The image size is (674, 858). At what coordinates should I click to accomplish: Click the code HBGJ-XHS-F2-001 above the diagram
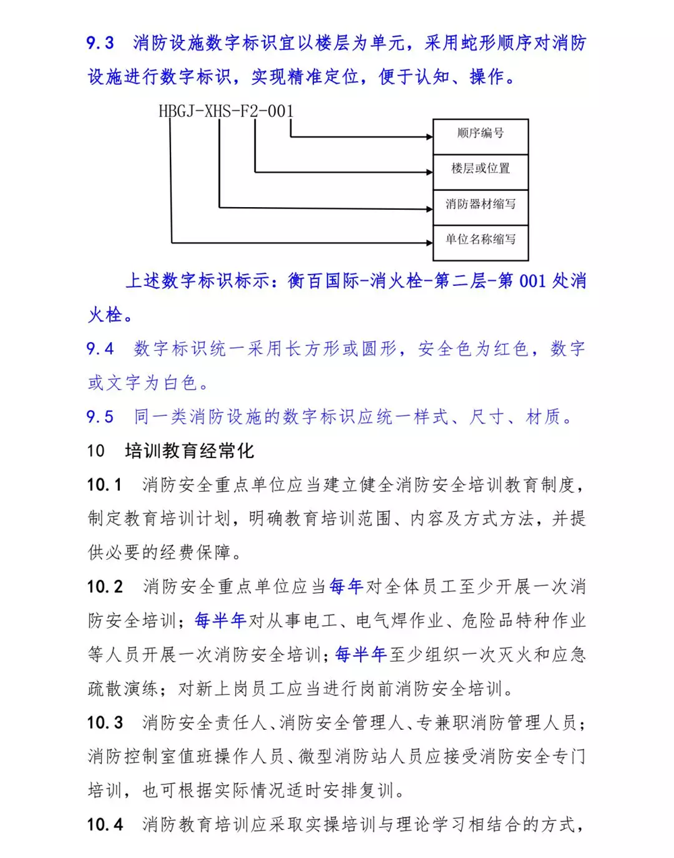pos(226,111)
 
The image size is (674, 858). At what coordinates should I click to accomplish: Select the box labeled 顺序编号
pos(480,134)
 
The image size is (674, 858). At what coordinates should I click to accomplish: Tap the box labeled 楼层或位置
pos(480,169)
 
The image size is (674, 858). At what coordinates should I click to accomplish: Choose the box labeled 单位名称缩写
pos(480,239)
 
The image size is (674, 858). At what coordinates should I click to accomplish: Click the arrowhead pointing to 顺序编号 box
pos(429,137)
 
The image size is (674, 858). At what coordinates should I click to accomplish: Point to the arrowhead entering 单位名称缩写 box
pos(429,242)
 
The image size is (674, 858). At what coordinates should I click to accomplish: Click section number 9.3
pos(100,44)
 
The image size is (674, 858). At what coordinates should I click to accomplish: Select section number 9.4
pos(100,349)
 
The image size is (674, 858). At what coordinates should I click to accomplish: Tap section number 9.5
pos(100,418)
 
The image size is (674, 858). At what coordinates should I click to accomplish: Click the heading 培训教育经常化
pos(189,451)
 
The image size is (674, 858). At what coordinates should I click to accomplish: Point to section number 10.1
pos(104,485)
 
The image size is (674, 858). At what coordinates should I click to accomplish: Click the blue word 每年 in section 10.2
pos(346,587)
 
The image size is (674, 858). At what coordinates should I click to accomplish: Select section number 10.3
pos(105,723)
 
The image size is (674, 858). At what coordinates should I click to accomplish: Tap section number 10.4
pos(105,824)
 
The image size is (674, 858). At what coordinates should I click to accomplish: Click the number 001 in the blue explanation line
pos(532,281)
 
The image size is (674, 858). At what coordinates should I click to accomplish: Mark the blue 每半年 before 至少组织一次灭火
pos(361,654)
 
